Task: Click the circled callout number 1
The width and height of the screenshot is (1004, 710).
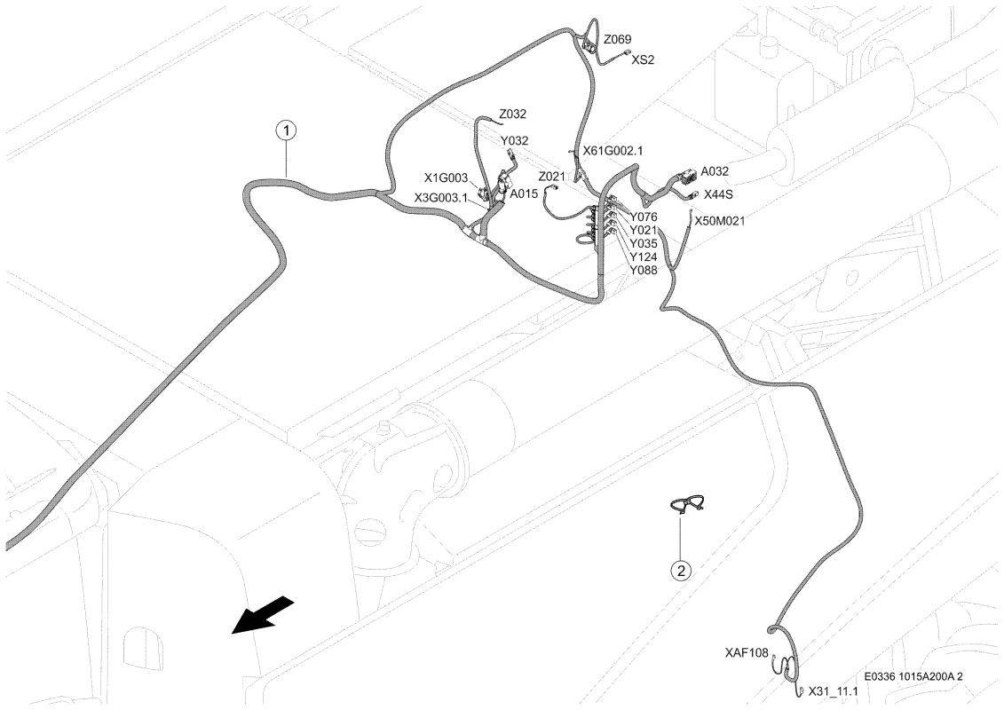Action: click(286, 130)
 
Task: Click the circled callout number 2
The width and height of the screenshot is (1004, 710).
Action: click(681, 569)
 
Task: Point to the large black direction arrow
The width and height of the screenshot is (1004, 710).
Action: click(263, 615)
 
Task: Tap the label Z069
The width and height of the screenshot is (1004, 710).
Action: click(617, 40)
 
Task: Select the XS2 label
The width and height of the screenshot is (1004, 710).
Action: click(643, 60)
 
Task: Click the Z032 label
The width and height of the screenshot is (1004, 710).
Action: click(513, 114)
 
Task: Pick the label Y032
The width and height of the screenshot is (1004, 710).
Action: click(514, 141)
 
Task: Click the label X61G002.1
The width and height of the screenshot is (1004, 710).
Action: click(613, 151)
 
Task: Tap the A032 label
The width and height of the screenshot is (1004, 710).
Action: click(715, 171)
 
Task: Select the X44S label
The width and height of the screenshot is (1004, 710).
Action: click(718, 194)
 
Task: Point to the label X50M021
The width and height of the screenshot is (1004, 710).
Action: click(720, 222)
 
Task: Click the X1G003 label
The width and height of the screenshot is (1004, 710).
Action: click(447, 178)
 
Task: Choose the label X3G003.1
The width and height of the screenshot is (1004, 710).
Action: click(441, 198)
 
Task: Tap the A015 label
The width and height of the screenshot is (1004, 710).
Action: click(524, 194)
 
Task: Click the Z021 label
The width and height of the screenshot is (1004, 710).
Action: click(552, 177)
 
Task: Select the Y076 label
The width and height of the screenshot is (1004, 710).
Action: click(644, 217)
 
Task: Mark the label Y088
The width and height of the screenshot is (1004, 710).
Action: click(644, 270)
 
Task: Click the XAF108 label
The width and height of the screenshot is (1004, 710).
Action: click(747, 653)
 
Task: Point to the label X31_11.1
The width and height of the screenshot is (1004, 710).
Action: click(833, 691)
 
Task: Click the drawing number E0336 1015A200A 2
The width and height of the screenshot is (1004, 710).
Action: click(913, 676)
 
